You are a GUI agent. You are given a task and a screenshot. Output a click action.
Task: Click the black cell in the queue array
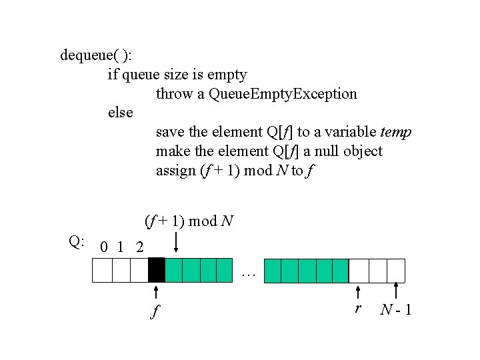click(x=156, y=270)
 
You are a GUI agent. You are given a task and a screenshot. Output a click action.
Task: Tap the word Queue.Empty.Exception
click(x=283, y=94)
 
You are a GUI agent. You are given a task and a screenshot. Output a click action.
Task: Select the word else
click(x=120, y=113)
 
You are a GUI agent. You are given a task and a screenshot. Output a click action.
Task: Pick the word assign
click(x=175, y=171)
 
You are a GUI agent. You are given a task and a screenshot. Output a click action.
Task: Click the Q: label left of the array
click(x=77, y=241)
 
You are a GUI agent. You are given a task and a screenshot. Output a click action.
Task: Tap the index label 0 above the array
click(x=102, y=247)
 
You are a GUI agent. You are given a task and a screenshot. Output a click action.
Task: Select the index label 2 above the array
click(x=139, y=247)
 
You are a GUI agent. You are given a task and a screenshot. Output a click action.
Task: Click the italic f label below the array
click(x=155, y=310)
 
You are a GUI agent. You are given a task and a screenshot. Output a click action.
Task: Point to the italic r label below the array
click(x=359, y=308)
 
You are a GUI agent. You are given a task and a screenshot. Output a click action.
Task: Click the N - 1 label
click(x=396, y=309)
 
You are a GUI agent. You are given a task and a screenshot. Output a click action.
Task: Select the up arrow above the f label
click(x=155, y=293)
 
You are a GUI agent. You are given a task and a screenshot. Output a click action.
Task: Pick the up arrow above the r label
click(x=359, y=293)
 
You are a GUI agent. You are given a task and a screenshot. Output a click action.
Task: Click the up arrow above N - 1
click(x=397, y=291)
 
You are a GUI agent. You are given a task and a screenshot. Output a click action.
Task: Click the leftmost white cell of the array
click(x=102, y=270)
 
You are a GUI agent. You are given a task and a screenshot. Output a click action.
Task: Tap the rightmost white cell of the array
click(x=396, y=270)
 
